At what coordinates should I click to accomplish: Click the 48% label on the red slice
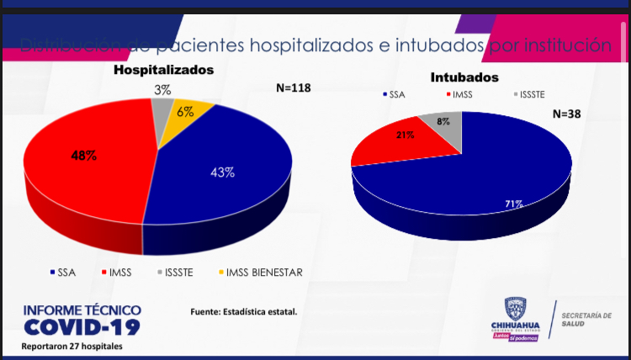click(x=83, y=156)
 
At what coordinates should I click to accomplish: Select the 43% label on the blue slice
click(x=222, y=172)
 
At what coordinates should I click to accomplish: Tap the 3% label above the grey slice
click(x=162, y=88)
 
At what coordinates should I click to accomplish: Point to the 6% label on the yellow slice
click(x=185, y=112)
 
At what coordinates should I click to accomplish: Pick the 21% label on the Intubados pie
click(x=406, y=135)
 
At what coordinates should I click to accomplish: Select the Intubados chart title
click(x=464, y=77)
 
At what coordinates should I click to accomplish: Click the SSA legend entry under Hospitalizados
click(x=64, y=272)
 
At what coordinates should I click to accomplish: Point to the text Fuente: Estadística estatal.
click(x=244, y=312)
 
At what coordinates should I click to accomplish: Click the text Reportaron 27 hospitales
click(x=72, y=347)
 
